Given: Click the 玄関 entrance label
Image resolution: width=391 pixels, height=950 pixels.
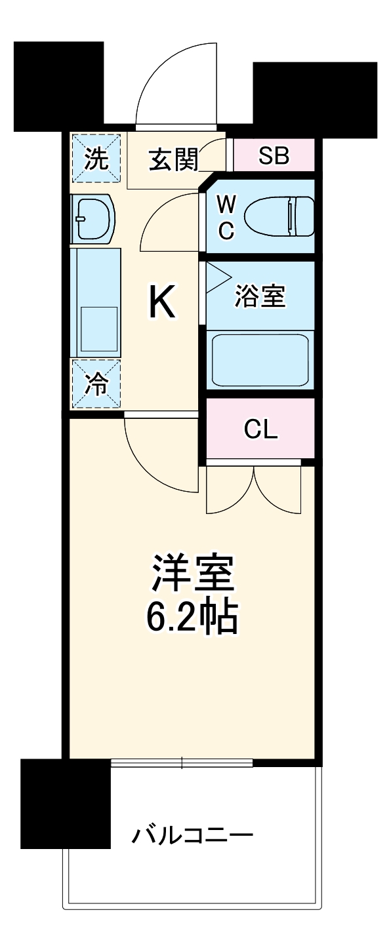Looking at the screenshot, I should point(173,159).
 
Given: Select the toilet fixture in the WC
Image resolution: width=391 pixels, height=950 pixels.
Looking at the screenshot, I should point(278,216).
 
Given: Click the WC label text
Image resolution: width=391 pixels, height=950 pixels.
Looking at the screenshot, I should point(226,217).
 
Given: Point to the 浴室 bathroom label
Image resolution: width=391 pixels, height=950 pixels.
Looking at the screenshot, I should point(260,296).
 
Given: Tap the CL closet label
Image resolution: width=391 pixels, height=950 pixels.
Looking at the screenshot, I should point(260,430).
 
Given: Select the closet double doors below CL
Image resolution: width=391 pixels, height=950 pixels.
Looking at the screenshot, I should point(254,489).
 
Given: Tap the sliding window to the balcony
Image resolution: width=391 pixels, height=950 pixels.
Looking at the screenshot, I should point(182,762).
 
